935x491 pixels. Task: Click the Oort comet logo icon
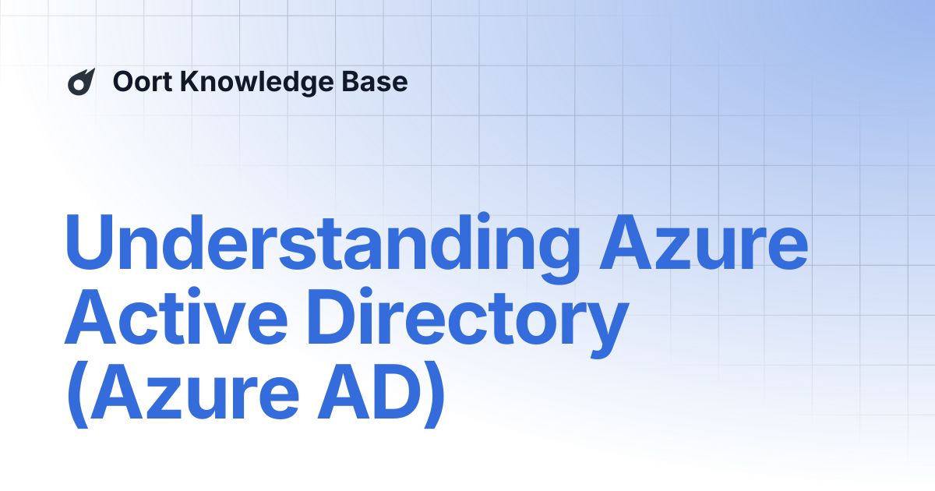point(80,82)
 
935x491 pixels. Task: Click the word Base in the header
point(379,82)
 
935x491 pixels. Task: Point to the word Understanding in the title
point(323,242)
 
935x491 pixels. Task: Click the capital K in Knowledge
point(191,82)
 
